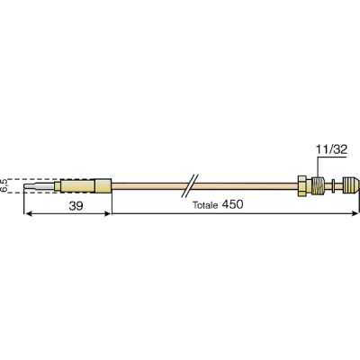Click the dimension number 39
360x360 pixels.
tap(67, 205)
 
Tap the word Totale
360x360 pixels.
tap(208, 205)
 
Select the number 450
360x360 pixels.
tap(234, 205)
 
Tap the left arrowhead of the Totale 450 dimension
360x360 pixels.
tap(116, 215)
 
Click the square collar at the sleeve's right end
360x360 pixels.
tap(104, 187)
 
